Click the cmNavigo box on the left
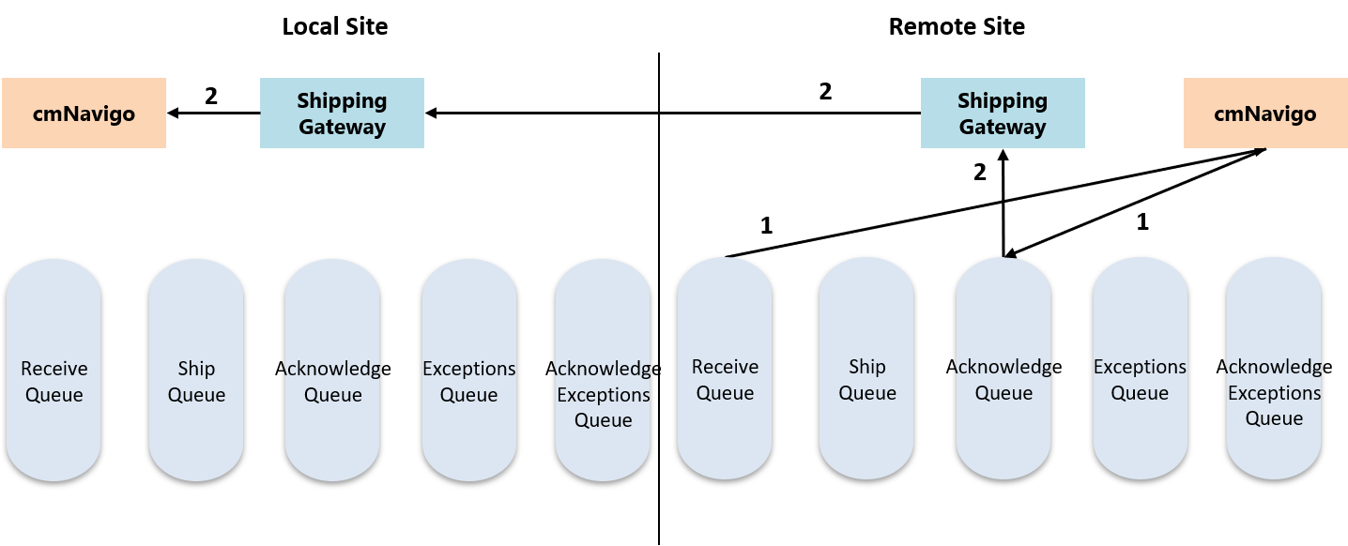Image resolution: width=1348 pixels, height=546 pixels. (84, 114)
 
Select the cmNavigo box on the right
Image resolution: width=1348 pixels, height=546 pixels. (1264, 114)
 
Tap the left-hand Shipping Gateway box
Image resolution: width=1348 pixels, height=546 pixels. (342, 114)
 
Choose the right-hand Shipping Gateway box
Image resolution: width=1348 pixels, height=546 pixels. (1003, 114)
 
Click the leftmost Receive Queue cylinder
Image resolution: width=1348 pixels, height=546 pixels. (54, 371)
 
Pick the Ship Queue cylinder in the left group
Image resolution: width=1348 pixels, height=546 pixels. (196, 371)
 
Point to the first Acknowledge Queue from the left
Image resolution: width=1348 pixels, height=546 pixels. (332, 371)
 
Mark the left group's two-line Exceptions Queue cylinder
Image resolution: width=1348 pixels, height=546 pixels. (468, 371)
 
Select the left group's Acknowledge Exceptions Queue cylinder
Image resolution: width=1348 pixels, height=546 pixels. (603, 371)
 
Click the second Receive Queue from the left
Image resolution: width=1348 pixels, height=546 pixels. (725, 369)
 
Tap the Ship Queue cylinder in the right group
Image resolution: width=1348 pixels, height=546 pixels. (866, 369)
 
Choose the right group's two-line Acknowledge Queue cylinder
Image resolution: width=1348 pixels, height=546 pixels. (1003, 369)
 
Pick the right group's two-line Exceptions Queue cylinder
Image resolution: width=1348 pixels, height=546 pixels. (1140, 369)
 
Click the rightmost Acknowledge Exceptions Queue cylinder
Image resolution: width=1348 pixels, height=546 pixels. (1274, 369)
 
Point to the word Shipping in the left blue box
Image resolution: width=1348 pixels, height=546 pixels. (342, 100)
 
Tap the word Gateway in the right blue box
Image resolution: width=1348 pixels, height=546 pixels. (1003, 127)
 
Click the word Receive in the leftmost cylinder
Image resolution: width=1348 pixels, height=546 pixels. (54, 369)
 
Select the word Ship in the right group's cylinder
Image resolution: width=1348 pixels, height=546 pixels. (866, 367)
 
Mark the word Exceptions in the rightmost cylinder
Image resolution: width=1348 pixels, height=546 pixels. (1274, 393)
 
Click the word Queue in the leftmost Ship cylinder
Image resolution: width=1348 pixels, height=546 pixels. (196, 395)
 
